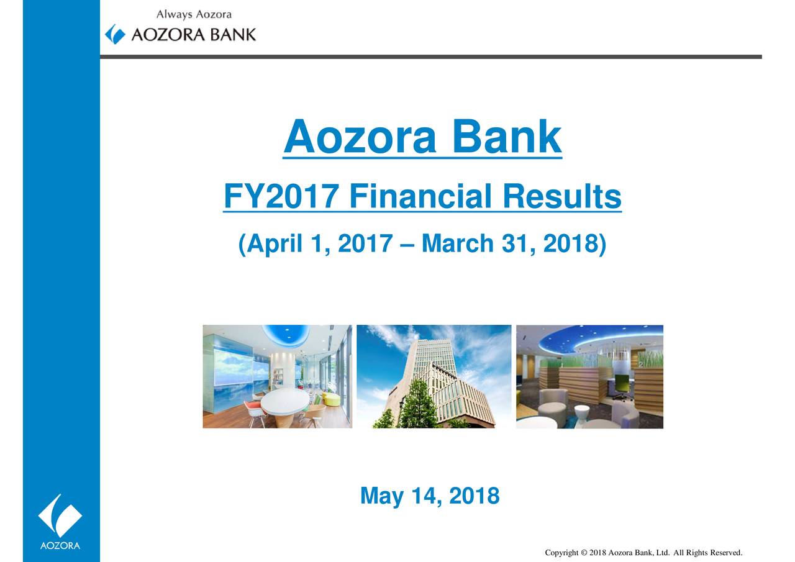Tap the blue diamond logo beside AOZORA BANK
[116, 34]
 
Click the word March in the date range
[458, 243]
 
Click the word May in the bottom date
[381, 496]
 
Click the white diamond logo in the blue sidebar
[60, 515]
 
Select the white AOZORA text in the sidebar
[60, 545]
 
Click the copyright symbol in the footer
[584, 553]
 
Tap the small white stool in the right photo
[582, 412]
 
